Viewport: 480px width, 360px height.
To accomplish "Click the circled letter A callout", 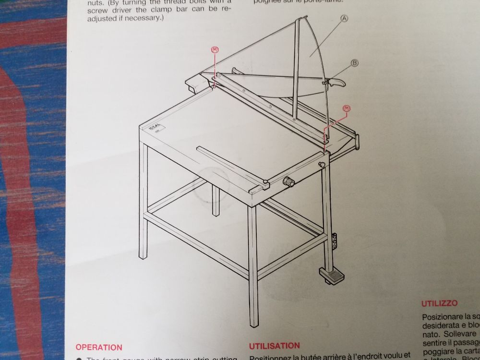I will point(344,19).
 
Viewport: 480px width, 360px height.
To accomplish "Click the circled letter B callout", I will point(355,62).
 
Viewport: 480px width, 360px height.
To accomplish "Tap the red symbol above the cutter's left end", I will point(215,49).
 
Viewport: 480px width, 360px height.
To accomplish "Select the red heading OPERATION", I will point(99,347).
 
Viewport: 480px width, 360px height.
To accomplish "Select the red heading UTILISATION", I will point(275,346).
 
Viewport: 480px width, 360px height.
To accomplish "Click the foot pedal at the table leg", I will point(330,275).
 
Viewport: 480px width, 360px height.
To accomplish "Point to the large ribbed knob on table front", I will point(288,182).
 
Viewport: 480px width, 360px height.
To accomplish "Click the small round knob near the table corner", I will point(321,165).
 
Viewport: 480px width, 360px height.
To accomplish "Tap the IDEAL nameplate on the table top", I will point(155,129).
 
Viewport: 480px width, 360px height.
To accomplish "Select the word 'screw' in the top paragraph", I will point(97,10).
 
